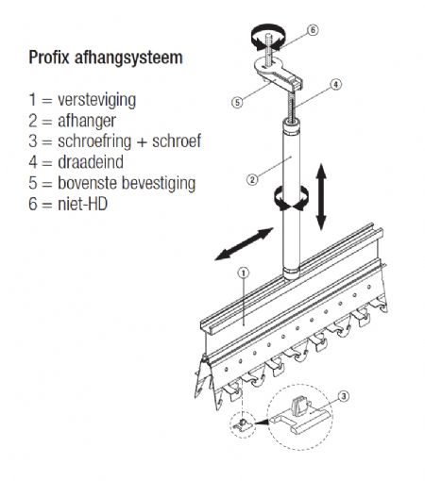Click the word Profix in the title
tap(49, 58)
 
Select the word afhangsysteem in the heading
tap(128, 58)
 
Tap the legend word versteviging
tap(97, 100)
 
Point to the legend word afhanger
tap(87, 121)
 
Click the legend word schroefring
tap(94, 141)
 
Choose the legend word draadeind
tap(91, 162)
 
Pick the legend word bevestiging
tap(159, 184)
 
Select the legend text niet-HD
tap(83, 204)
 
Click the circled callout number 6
tap(313, 30)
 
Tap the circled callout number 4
tap(336, 84)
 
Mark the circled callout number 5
tap(237, 102)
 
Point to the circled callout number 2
tap(252, 179)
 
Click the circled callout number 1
tap(244, 274)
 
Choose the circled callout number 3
tap(344, 396)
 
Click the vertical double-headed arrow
tap(321, 196)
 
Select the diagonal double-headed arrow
tap(244, 244)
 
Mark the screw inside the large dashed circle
tap(298, 406)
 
